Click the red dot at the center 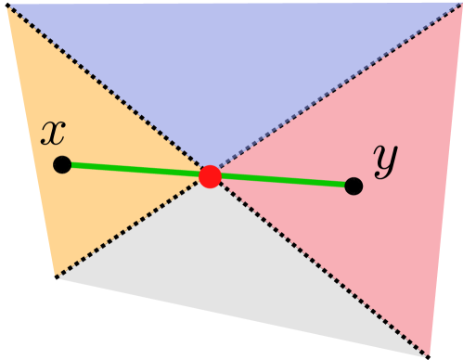211,176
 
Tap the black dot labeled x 62,164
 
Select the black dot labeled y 354,186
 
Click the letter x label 53,133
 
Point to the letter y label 384,159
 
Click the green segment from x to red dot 135,170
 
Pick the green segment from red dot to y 283,181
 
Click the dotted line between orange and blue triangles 107,89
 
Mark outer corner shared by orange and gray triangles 57,276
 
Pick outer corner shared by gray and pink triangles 429,354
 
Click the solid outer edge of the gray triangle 241,315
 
